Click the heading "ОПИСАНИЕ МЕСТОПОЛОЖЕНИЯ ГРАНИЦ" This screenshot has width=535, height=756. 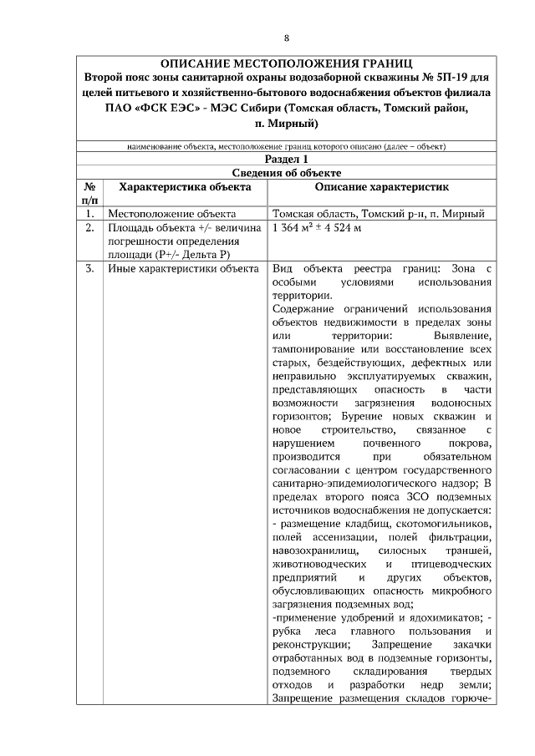pos(287,63)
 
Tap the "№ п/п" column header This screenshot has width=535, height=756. pos(89,194)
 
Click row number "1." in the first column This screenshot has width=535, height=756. pos(89,214)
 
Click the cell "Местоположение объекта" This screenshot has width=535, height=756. pos(165,214)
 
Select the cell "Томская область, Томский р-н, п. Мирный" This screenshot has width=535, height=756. pos(379,214)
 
